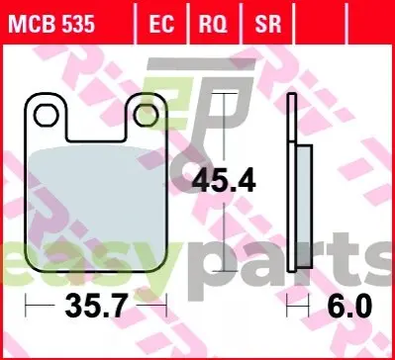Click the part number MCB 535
[51, 25]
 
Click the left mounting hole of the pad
[46, 115]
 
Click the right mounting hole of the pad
[147, 115]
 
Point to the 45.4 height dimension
[224, 180]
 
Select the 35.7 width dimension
[96, 306]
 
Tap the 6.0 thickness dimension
[349, 306]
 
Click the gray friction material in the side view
[305, 206]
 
